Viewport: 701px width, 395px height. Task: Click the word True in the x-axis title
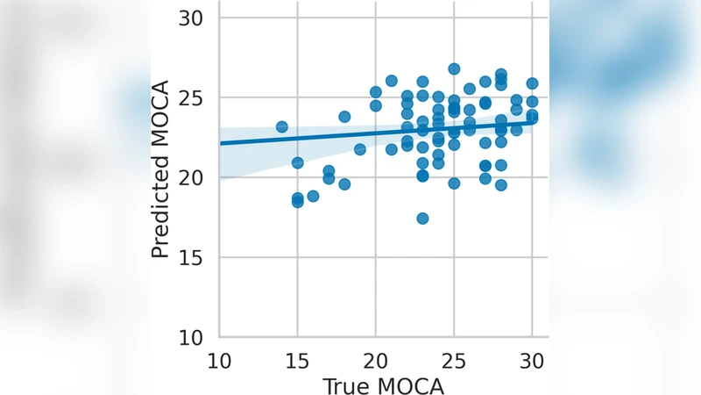tap(345, 385)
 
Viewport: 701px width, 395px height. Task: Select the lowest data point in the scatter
tap(422, 218)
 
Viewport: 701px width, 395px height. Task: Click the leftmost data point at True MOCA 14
tap(281, 127)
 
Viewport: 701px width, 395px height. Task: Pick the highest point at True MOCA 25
tap(454, 68)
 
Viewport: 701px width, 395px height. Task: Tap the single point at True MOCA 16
tap(313, 196)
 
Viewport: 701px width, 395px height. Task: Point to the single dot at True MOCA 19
tap(359, 149)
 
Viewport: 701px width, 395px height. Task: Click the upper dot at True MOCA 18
tap(344, 117)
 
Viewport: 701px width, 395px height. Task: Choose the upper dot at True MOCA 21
tap(391, 81)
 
